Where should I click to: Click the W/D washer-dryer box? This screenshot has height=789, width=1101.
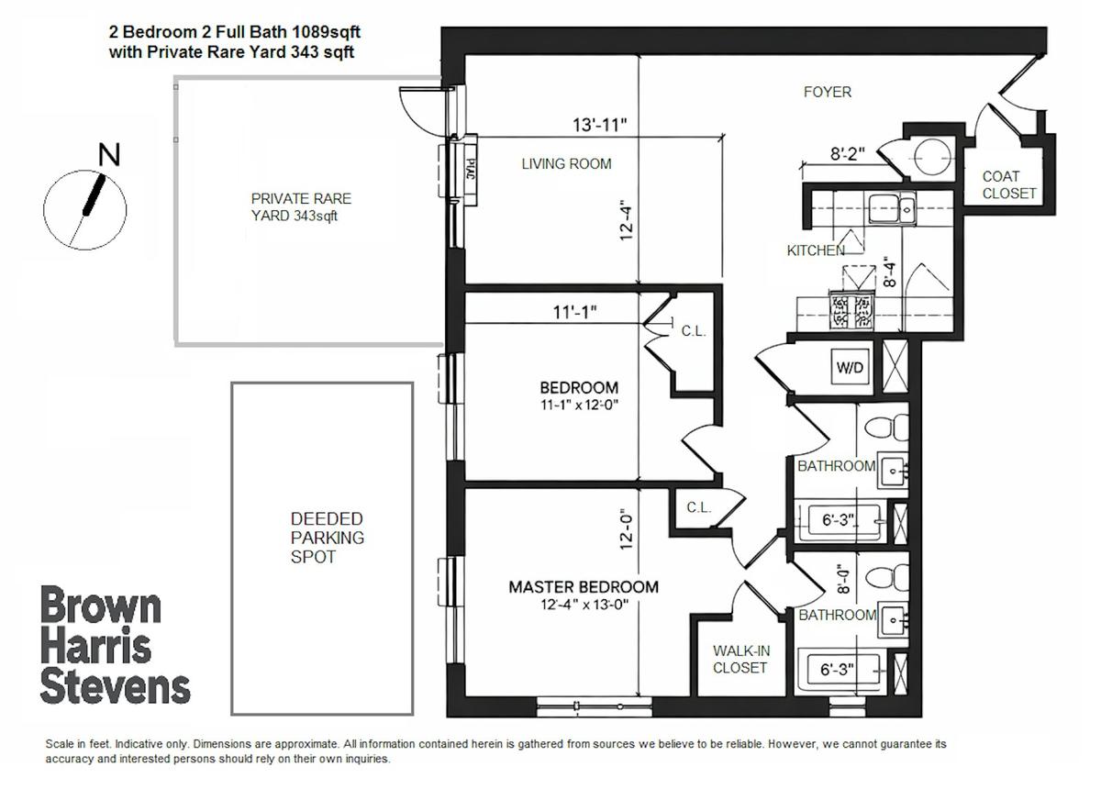click(850, 367)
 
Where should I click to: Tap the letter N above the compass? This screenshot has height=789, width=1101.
click(109, 154)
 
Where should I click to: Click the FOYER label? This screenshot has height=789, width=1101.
click(828, 92)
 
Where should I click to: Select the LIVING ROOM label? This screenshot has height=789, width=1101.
click(566, 163)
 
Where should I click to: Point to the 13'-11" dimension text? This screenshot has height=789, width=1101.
click(600, 125)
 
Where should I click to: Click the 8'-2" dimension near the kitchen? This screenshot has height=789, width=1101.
click(848, 154)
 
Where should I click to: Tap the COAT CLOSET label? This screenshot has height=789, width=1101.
click(1009, 184)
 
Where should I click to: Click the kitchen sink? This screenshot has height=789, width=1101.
click(892, 209)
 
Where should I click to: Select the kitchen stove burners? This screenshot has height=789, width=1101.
click(852, 310)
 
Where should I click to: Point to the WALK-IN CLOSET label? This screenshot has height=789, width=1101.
click(740, 660)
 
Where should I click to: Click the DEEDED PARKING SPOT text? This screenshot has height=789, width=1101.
click(327, 538)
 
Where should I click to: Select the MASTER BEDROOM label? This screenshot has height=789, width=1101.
click(584, 587)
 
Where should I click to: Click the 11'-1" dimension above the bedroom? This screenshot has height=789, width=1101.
click(574, 312)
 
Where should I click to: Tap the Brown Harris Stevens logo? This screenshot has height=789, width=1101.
click(115, 645)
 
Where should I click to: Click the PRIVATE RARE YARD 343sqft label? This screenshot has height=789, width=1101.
click(301, 207)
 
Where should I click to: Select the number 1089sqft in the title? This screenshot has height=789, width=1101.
click(326, 32)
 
